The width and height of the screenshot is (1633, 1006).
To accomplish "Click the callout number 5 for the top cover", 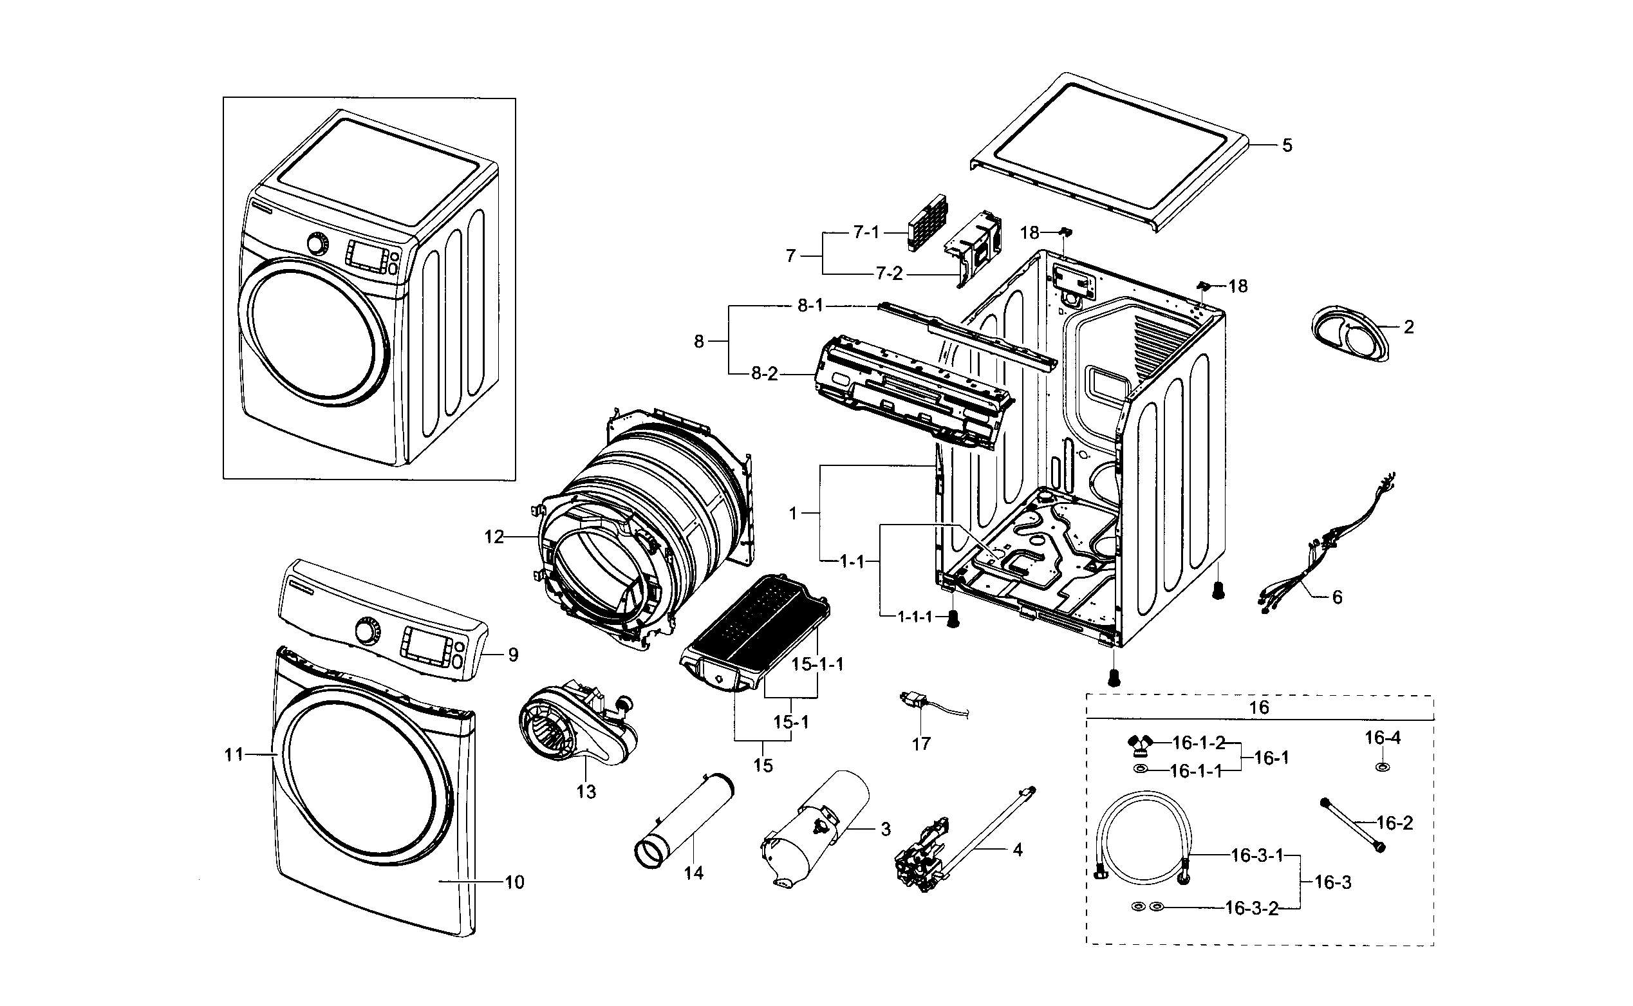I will point(1287,145).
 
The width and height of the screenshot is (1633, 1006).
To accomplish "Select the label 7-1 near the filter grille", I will point(866,232).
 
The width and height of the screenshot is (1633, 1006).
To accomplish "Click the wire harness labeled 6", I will point(1323,546).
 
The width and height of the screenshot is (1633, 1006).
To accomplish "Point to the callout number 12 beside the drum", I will point(494,536).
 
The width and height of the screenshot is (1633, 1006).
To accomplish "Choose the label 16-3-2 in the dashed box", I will point(1251,908).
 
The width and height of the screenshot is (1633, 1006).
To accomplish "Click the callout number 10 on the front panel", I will point(515,882).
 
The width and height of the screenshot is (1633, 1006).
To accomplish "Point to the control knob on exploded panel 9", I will point(366,630).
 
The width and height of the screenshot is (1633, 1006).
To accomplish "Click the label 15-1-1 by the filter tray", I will point(817,664).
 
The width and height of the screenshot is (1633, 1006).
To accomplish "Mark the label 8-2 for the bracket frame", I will point(764,374).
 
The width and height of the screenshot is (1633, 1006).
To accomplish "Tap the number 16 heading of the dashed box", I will point(1259,707).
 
